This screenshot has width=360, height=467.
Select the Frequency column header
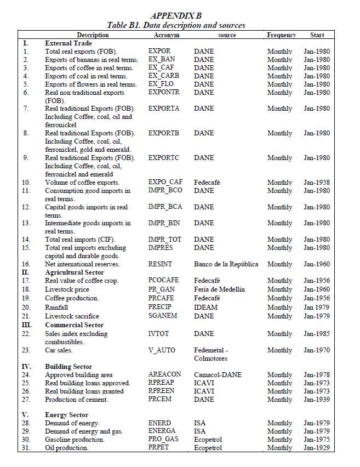click(x=281, y=35)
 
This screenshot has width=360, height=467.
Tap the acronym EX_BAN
click(x=162, y=60)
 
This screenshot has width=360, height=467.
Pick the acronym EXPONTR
click(x=164, y=93)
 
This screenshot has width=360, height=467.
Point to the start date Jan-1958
click(x=317, y=183)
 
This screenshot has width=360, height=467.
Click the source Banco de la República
click(x=226, y=264)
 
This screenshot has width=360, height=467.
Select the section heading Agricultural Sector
click(x=75, y=272)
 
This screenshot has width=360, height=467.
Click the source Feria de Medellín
click(x=219, y=289)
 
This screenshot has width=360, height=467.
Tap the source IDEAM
click(x=205, y=307)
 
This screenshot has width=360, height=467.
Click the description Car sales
click(x=59, y=350)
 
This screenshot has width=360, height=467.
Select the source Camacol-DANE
click(x=218, y=375)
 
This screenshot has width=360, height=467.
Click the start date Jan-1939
click(x=317, y=400)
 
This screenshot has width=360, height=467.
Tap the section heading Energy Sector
click(x=66, y=415)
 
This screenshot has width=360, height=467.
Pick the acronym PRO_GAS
click(x=163, y=440)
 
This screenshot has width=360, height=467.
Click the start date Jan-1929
click(x=317, y=448)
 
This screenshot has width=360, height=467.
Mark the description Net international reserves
click(x=82, y=264)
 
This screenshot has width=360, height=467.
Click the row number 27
click(x=26, y=400)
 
